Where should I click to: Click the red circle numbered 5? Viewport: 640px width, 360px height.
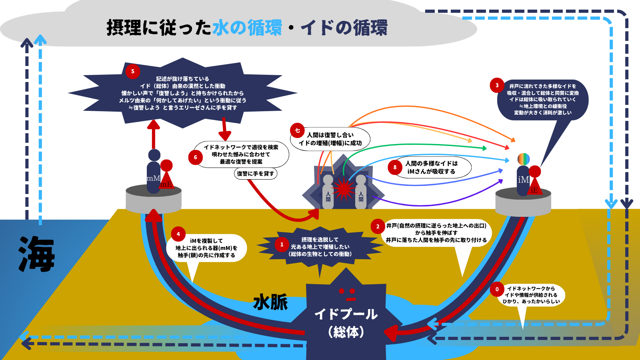[x=133, y=72]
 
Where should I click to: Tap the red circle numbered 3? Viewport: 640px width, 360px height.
[x=497, y=85]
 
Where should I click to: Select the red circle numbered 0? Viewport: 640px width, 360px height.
[x=497, y=289]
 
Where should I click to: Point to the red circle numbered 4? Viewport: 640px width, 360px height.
[x=178, y=234]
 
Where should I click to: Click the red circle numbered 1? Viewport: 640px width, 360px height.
[x=282, y=244]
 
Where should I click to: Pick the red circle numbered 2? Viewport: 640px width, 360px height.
[x=378, y=226]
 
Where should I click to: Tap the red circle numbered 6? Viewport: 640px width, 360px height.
[x=195, y=157]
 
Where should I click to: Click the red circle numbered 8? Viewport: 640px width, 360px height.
[x=395, y=167]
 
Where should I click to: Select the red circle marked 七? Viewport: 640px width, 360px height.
[x=297, y=130]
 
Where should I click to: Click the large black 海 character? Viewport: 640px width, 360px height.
[x=37, y=254]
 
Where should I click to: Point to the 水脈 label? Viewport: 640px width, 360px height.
[x=270, y=302]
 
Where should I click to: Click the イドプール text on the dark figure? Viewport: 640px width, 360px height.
[x=346, y=314]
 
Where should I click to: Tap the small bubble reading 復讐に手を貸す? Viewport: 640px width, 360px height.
[x=256, y=174]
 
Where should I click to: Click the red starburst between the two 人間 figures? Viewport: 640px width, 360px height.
[x=344, y=188]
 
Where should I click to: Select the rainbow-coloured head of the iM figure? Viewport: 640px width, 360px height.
[x=523, y=159]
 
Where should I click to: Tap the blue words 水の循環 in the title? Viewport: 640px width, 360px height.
[x=247, y=28]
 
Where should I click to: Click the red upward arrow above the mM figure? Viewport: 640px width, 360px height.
[x=153, y=134]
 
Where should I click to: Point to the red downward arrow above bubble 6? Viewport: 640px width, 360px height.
[x=224, y=128]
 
